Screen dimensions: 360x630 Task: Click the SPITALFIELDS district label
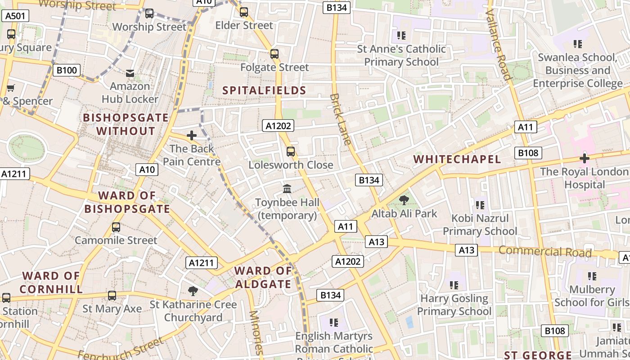coord(264,90)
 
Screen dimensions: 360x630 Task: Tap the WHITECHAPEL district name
coord(457,159)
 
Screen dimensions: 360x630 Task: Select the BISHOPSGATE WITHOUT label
coord(126,124)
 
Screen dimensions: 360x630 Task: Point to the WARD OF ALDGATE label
coord(263,277)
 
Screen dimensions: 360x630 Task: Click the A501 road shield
coord(15,16)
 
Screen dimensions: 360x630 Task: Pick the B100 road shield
coord(67,70)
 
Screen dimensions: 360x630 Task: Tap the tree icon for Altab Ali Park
coord(404,200)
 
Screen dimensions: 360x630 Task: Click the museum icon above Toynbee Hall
coord(287,189)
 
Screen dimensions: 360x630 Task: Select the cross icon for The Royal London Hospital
coord(585,158)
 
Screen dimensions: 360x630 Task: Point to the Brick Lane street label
coord(340,119)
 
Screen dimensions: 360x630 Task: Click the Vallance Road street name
coord(499,45)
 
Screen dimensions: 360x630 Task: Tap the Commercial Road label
coord(545,252)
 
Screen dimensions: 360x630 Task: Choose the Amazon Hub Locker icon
coord(130,73)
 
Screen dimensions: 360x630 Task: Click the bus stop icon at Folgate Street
coord(274,54)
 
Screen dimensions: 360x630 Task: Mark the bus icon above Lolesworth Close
coord(291,152)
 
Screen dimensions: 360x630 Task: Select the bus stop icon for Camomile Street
coord(116,227)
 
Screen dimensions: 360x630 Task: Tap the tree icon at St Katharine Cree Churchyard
coord(193,291)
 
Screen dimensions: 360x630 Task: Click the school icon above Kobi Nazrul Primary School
coord(480,205)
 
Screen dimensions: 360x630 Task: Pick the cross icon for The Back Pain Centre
coord(192,135)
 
